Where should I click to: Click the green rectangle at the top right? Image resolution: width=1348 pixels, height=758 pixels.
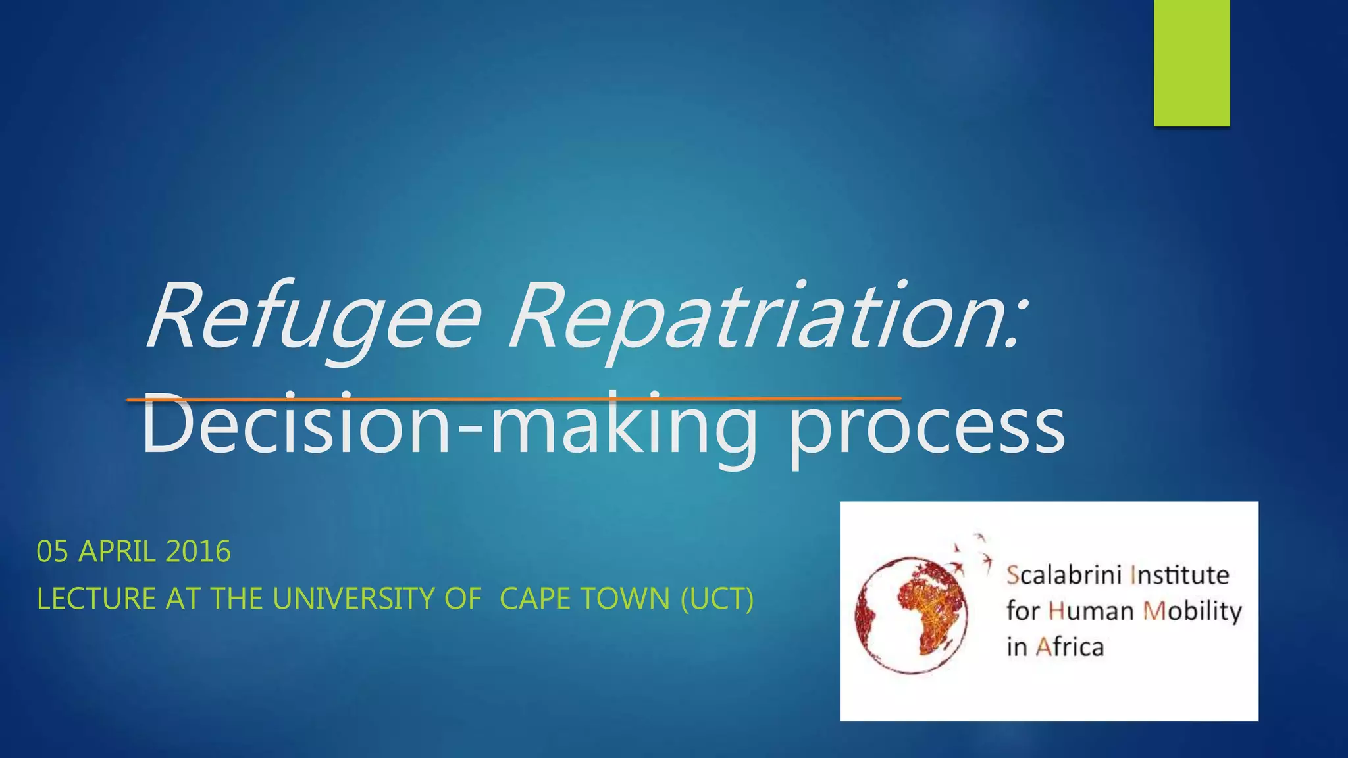tap(1191, 63)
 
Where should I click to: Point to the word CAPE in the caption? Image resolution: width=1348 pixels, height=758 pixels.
tap(532, 599)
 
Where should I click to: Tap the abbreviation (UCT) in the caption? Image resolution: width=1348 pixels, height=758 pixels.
tap(717, 599)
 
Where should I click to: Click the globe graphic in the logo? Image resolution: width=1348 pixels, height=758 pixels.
tap(912, 615)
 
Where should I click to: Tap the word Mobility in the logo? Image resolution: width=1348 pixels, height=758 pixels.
tap(1192, 611)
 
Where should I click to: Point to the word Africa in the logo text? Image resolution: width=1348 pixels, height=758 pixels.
tap(1070, 647)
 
